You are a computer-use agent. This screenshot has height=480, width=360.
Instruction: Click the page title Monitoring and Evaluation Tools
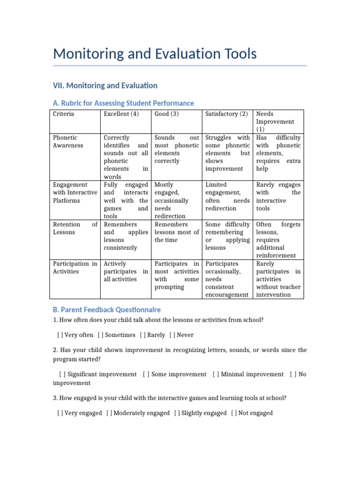(x=155, y=54)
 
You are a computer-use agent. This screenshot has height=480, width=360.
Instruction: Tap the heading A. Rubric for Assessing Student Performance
(x=123, y=103)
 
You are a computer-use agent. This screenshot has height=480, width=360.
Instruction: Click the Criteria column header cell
(x=63, y=114)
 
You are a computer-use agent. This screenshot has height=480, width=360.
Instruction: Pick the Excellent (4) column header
(x=121, y=114)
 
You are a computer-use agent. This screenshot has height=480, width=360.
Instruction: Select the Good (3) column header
(x=166, y=114)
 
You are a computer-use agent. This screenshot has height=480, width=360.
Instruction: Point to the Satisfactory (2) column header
(x=226, y=114)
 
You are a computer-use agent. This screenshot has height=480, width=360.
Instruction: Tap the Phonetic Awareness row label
(x=68, y=142)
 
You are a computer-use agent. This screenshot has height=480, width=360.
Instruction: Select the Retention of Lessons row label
(x=75, y=228)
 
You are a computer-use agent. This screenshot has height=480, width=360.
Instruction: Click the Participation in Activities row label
(x=75, y=268)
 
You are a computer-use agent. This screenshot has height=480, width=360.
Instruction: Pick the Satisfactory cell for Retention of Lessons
(x=227, y=236)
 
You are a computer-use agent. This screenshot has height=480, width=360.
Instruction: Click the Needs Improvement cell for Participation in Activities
(x=278, y=279)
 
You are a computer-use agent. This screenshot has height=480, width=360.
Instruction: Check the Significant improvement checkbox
(x=62, y=374)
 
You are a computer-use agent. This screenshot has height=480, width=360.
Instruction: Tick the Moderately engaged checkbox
(x=109, y=413)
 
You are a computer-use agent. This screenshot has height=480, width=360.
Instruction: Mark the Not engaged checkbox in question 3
(x=234, y=413)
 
